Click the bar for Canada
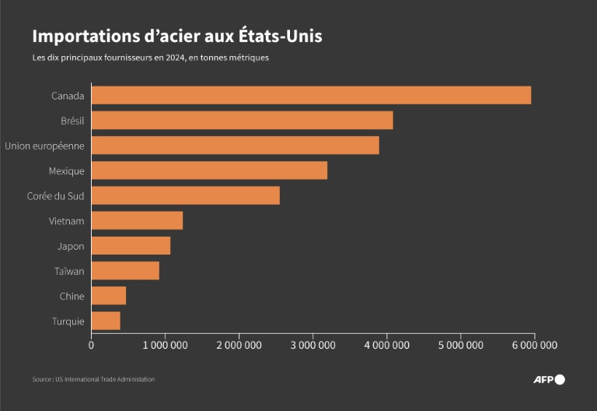point(311,95)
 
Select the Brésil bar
point(242,121)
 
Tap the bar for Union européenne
point(235,146)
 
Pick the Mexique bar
point(209,170)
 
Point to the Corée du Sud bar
point(185,195)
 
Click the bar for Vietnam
point(137,220)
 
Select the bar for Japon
point(131,246)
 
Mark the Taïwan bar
point(125,271)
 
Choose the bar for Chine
point(109,296)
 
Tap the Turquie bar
point(106,321)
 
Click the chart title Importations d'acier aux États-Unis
point(176,37)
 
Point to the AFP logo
point(548,379)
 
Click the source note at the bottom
point(93,379)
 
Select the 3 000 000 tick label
point(312,344)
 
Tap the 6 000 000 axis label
point(534,344)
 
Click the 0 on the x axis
point(92,344)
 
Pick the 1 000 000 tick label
point(166,344)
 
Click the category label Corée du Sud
point(55,195)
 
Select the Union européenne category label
point(44,146)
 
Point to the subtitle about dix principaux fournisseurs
point(150,58)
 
